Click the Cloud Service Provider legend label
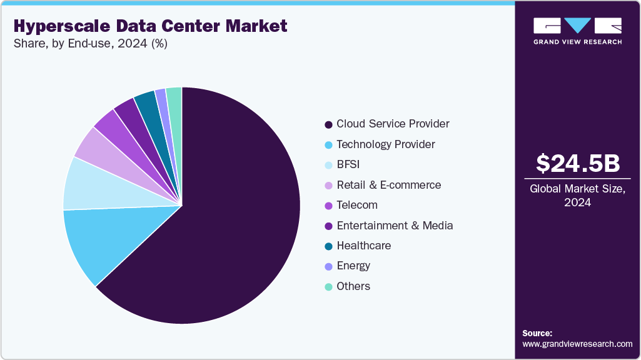393,124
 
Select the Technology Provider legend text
386,144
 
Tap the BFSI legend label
348,164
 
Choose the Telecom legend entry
357,205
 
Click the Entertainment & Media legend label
395,226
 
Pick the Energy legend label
353,266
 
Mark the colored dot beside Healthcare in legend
328,246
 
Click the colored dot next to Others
328,287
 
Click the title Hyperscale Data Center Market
150,26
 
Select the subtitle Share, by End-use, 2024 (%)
91,44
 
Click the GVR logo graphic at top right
577,26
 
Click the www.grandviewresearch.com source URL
577,344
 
